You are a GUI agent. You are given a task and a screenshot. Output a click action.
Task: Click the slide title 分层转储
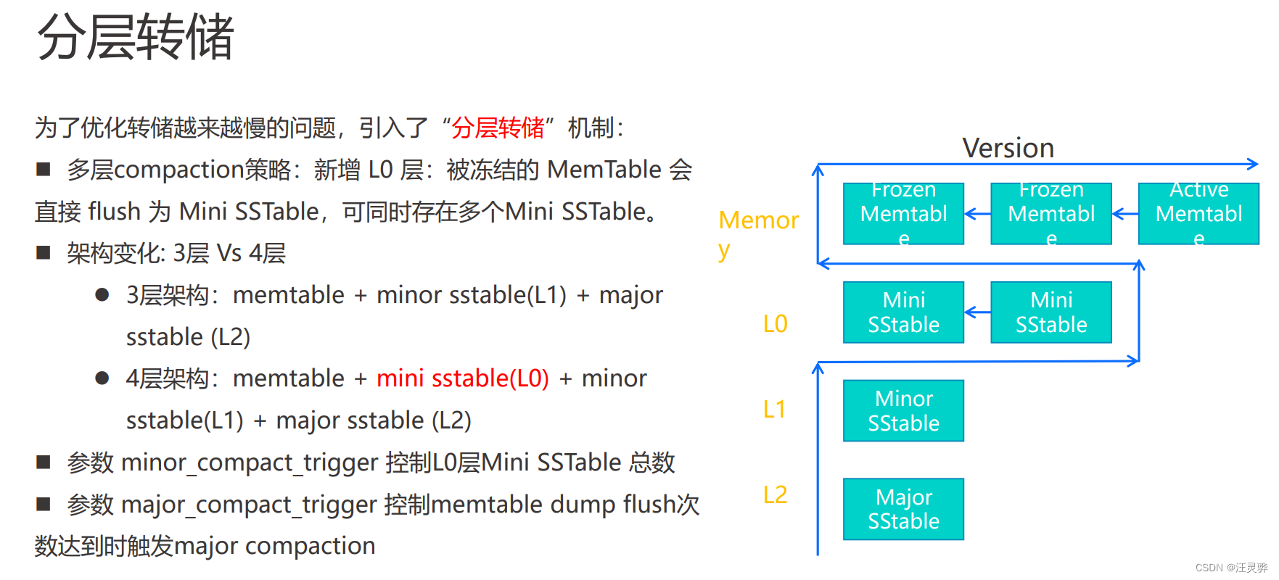(135, 38)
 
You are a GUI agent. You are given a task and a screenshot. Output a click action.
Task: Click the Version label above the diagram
(1008, 149)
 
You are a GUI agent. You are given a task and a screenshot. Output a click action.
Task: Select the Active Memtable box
(1198, 213)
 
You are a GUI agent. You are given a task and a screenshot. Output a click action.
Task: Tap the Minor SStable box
(903, 410)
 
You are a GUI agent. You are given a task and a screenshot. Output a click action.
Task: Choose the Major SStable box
(903, 509)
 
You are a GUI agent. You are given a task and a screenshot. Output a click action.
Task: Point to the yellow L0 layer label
(775, 323)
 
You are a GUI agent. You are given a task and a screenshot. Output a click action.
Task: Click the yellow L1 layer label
(774, 410)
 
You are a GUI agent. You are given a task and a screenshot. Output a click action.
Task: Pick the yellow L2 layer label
(775, 495)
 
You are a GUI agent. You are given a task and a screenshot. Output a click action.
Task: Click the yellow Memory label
(758, 221)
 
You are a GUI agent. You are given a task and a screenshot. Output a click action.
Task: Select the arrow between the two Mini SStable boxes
(977, 312)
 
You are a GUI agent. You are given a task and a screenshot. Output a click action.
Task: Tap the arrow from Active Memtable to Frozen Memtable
(1124, 214)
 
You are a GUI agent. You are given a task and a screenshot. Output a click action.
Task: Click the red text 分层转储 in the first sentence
(498, 128)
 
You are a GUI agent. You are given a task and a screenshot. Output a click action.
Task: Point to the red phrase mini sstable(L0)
(462, 378)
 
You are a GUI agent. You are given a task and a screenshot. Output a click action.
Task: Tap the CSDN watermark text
(1230, 568)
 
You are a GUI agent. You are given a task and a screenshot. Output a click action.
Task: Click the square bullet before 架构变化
(44, 253)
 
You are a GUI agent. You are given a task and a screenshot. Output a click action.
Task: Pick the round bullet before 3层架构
(102, 295)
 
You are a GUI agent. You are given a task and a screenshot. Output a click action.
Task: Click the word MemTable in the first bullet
(604, 170)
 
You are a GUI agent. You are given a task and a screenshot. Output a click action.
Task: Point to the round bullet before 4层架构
(102, 378)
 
